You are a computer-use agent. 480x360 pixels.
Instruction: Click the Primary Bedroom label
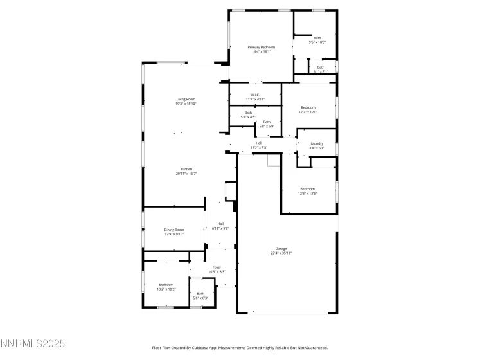262,47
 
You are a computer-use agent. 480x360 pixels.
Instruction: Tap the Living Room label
186,99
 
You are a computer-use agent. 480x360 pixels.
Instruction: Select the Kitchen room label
186,169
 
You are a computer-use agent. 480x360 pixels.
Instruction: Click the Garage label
281,248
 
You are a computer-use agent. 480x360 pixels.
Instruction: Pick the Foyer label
217,267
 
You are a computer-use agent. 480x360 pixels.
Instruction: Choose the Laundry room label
317,143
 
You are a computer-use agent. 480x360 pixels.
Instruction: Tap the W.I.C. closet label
255,95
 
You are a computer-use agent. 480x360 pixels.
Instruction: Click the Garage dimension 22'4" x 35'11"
281,253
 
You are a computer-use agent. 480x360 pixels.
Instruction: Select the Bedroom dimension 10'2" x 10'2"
166,289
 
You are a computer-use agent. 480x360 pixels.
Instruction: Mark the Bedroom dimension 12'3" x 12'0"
308,113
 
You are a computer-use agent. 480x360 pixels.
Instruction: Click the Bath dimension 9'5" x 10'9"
317,42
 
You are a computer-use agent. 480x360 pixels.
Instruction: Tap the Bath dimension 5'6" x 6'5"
200,298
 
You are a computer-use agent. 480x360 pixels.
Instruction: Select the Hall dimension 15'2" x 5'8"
259,148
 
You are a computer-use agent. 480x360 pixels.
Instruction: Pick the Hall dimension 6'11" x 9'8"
220,228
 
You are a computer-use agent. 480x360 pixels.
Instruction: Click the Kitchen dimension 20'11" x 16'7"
186,174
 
